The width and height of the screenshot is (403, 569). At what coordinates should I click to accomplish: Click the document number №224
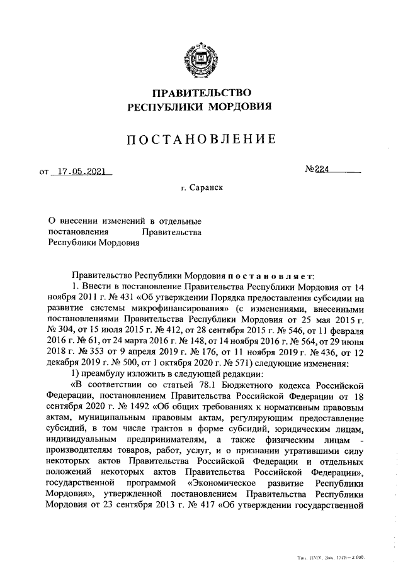click(x=319, y=169)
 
